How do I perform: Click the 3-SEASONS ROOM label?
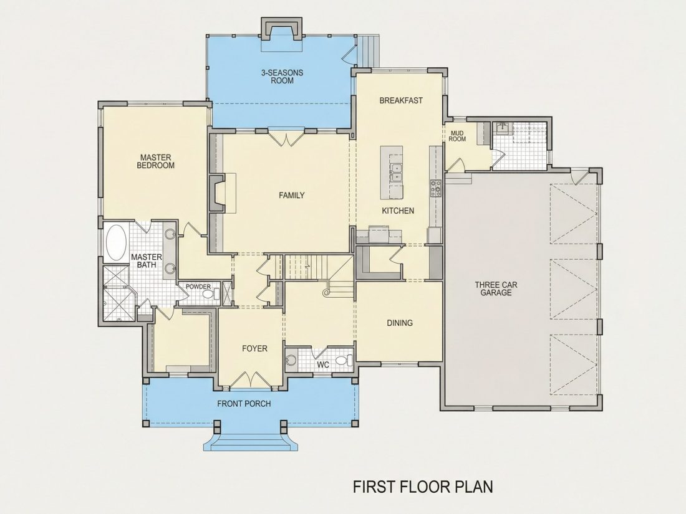tap(282, 77)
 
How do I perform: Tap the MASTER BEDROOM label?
tap(156, 161)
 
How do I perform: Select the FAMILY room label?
tap(292, 196)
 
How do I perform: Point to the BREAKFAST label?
tap(401, 100)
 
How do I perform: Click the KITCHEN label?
tap(398, 211)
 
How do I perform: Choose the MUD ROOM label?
tap(457, 136)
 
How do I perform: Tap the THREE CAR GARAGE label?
tap(496, 289)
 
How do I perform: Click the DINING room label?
tap(400, 323)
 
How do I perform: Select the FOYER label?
tap(254, 348)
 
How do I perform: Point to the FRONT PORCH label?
tap(244, 404)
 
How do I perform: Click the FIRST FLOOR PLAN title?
tap(423, 487)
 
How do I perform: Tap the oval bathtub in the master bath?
tap(117, 242)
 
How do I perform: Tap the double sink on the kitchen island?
tap(397, 172)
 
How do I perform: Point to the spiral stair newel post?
tap(326, 292)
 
